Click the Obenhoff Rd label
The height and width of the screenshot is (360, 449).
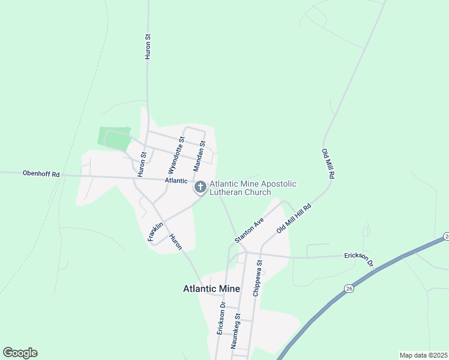click(41, 174)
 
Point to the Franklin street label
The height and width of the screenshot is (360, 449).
click(155, 232)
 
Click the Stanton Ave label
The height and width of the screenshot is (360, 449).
click(249, 230)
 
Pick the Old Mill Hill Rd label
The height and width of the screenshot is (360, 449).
click(294, 219)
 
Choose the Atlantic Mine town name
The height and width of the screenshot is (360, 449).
click(211, 289)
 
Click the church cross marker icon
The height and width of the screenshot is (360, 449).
click(200, 188)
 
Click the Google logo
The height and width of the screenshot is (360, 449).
click(20, 353)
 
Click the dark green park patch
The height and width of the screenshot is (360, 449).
click(114, 139)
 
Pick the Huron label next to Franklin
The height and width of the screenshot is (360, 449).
click(175, 242)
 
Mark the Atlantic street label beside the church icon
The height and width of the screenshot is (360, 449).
click(176, 181)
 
